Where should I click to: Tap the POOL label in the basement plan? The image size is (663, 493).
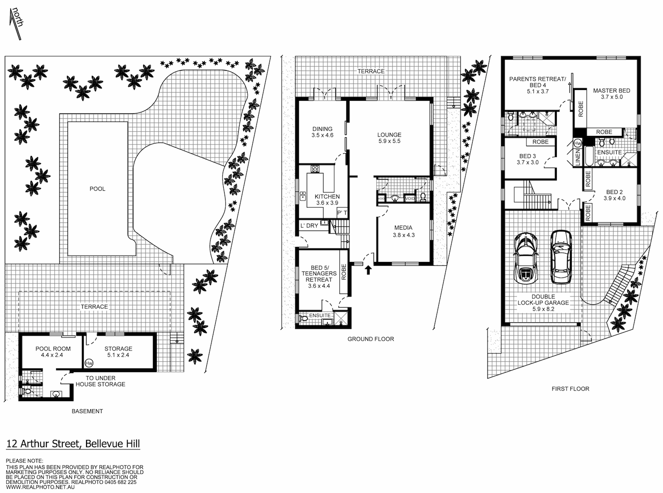tap(97, 189)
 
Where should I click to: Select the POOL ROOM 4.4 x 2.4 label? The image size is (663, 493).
tap(53, 352)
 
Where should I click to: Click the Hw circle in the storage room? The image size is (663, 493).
tap(89, 363)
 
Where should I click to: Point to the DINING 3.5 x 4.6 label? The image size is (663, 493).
tap(322, 132)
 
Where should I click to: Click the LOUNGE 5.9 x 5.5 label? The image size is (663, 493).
tap(389, 138)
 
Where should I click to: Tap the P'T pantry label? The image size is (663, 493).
tap(342, 213)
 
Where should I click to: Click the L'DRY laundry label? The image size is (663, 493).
tap(309, 226)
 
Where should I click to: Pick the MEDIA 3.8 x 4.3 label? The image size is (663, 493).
tap(403, 232)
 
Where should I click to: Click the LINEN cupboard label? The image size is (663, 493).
tap(578, 157)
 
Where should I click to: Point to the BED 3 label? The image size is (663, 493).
tap(528, 159)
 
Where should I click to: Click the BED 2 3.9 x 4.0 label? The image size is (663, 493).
tap(614, 195)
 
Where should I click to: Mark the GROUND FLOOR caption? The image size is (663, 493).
tap(371, 339)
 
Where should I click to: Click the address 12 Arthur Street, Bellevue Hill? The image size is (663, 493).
tap(73, 444)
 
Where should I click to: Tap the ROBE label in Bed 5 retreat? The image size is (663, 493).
tap(344, 272)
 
